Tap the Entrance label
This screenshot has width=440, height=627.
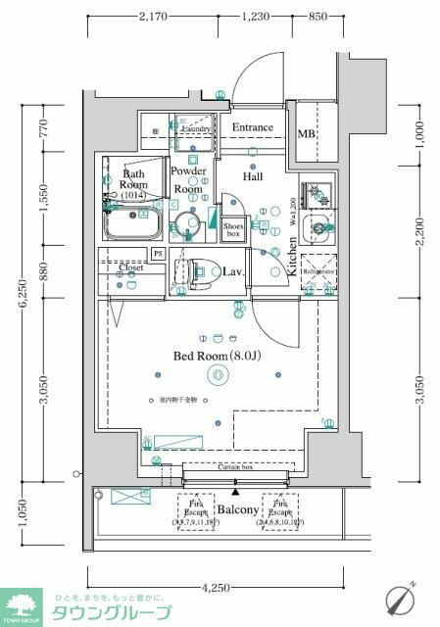253,127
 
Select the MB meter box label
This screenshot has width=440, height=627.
306,134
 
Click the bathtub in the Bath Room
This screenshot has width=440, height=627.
131,227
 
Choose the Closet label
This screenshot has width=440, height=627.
131,267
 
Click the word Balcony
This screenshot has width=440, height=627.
237,510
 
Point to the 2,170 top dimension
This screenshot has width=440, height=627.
154,17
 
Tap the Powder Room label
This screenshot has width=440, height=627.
189,179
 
